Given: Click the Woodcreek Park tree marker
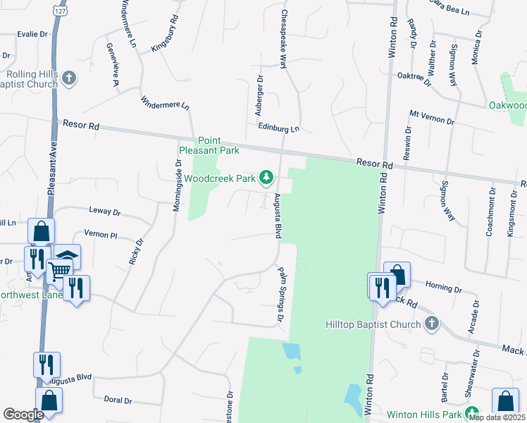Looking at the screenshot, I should (x=266, y=177).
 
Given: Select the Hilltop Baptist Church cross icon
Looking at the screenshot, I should (x=433, y=324).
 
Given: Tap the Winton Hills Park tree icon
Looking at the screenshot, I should (x=474, y=412).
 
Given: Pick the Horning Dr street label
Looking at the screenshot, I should (x=443, y=287).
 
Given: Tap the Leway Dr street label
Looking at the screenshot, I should (x=105, y=211).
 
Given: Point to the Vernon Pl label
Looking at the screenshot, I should (x=99, y=234).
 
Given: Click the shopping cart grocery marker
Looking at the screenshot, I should (x=59, y=269).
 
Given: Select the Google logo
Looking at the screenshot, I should (x=23, y=415).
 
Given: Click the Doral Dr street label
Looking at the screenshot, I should (x=118, y=400).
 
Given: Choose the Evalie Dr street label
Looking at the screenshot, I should (x=32, y=33).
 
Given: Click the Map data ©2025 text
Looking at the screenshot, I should (x=497, y=417).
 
